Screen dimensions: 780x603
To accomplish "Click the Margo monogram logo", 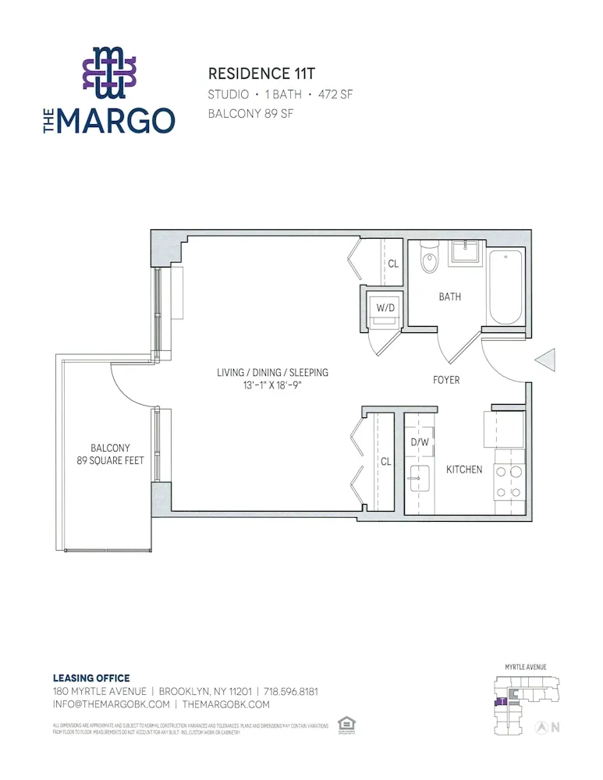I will tap(109, 73).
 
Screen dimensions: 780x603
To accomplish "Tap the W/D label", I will tap(386, 307).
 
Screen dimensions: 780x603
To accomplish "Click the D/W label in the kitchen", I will tap(420, 442).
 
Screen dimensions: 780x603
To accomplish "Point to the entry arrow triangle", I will tap(545, 360).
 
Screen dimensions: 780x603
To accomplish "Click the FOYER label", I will tap(446, 380).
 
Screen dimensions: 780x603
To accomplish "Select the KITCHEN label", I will tap(463, 470).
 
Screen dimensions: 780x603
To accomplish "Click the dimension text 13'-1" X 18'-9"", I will tap(271, 385).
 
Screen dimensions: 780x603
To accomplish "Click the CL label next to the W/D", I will tap(393, 264).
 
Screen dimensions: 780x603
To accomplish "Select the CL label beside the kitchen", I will tap(385, 462).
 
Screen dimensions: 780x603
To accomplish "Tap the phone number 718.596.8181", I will tap(290, 691).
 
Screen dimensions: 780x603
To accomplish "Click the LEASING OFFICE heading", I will tap(91, 678).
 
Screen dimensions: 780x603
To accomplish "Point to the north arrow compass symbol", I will tap(540, 727).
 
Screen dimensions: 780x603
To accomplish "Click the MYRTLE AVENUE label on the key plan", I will tap(525, 667).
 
